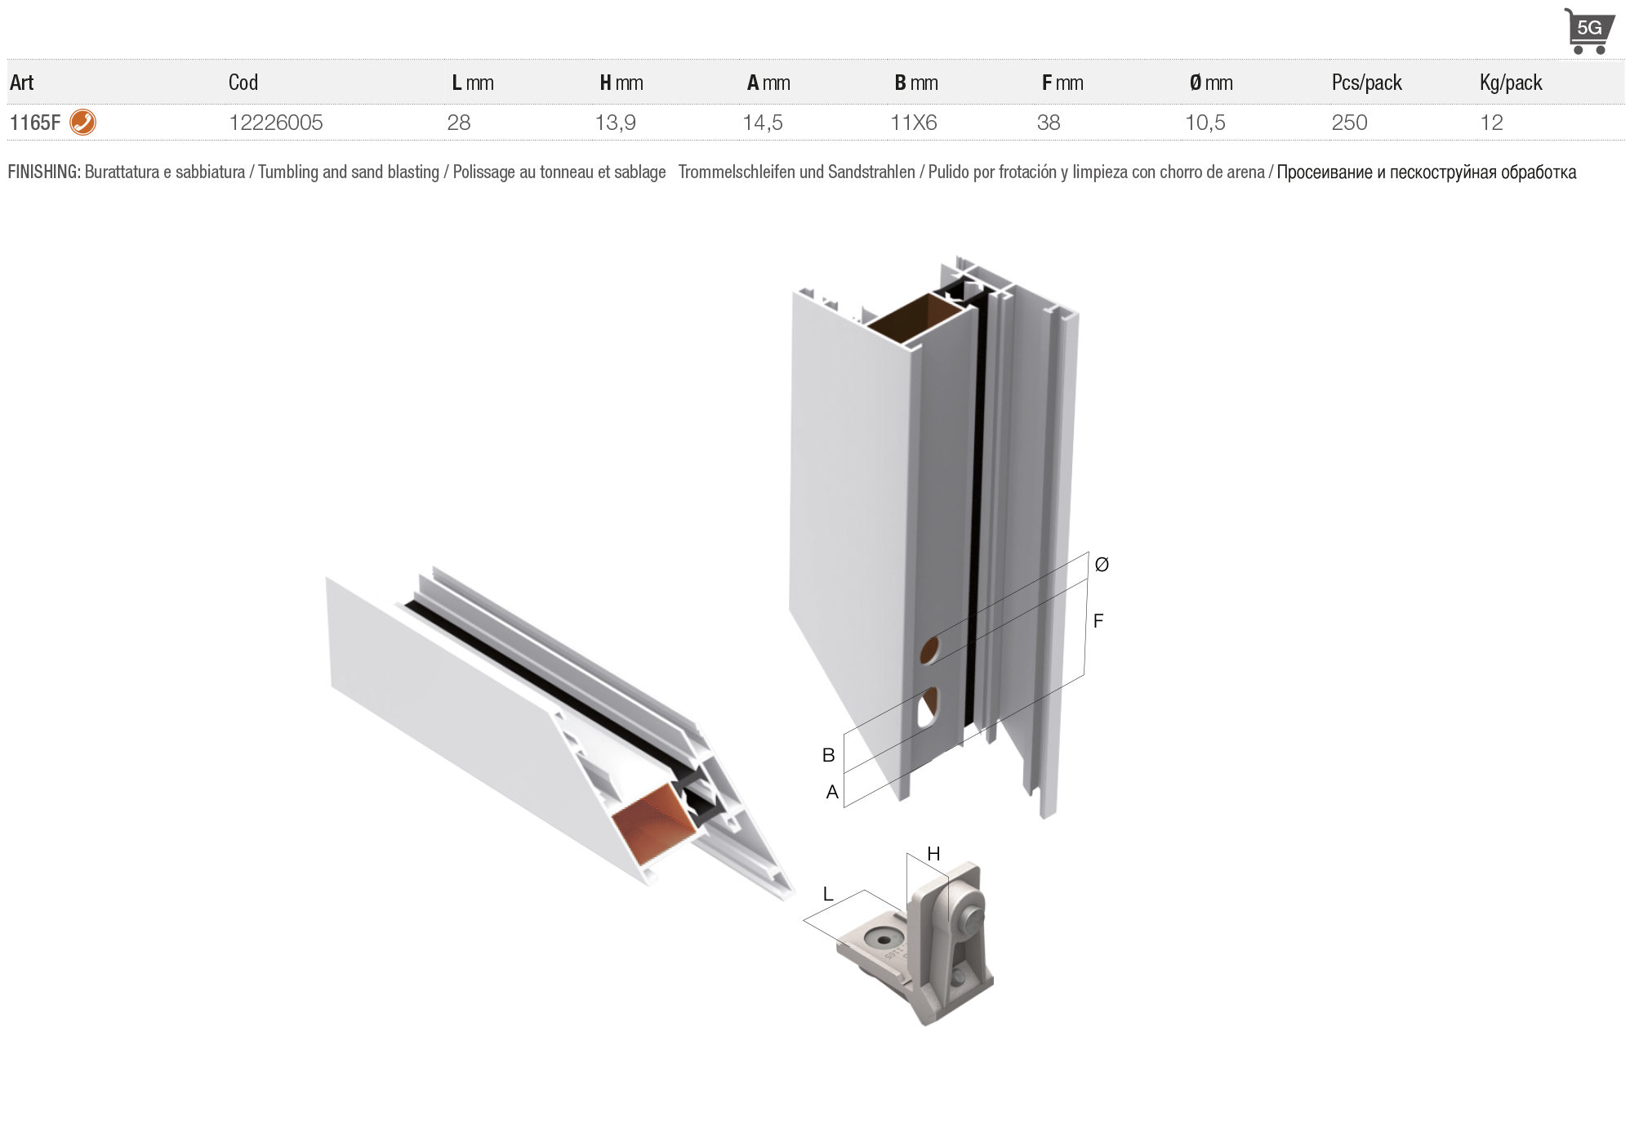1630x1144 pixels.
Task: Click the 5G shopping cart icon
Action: (1588, 31)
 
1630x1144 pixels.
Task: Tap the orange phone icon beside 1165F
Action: (82, 122)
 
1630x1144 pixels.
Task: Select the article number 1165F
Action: (35, 123)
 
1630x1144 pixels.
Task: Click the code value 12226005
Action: (276, 123)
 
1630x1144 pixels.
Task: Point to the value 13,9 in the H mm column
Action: (615, 123)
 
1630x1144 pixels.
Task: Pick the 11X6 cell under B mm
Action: (913, 123)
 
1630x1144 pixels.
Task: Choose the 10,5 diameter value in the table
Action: (1205, 123)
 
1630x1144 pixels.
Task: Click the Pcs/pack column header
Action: (1366, 83)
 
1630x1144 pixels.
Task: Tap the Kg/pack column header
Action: (1511, 83)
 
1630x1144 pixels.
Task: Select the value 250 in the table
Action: (1349, 123)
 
